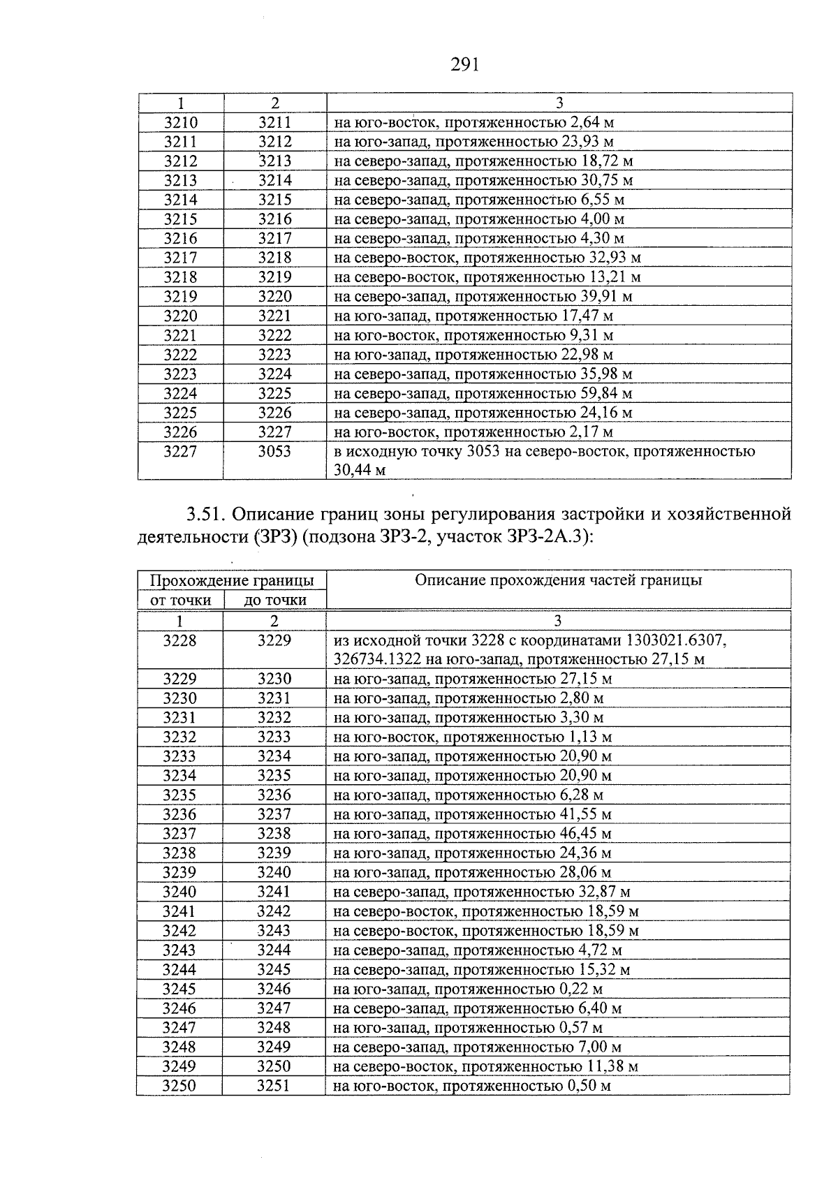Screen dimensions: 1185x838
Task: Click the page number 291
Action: pyautogui.click(x=464, y=65)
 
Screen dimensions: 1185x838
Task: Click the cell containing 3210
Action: pyautogui.click(x=181, y=122)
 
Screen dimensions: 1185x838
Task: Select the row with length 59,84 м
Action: pyautogui.click(x=483, y=393)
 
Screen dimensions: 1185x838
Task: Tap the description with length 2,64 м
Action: pyautogui.click(x=473, y=122)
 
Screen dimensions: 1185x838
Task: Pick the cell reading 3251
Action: pyautogui.click(x=274, y=1085)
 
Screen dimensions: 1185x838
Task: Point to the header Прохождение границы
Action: pyautogui.click(x=232, y=580)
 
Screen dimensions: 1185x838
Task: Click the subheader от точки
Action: pyautogui.click(x=181, y=600)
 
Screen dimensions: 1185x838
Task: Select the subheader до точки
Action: pyautogui.click(x=274, y=600)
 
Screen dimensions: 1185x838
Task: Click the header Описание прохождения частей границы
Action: pyautogui.click(x=558, y=580)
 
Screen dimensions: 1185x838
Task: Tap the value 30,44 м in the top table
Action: pyautogui.click(x=360, y=470)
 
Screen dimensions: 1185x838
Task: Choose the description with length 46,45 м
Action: pyautogui.click(x=472, y=833)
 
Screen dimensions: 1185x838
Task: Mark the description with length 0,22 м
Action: pyautogui.click(x=468, y=988)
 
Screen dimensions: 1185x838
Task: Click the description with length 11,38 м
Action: pyautogui.click(x=485, y=1066)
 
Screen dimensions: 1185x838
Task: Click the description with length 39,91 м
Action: pyautogui.click(x=483, y=296)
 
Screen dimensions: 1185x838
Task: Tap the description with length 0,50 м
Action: pyautogui.click(x=472, y=1085)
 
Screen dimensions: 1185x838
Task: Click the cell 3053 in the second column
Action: pyautogui.click(x=274, y=451)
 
